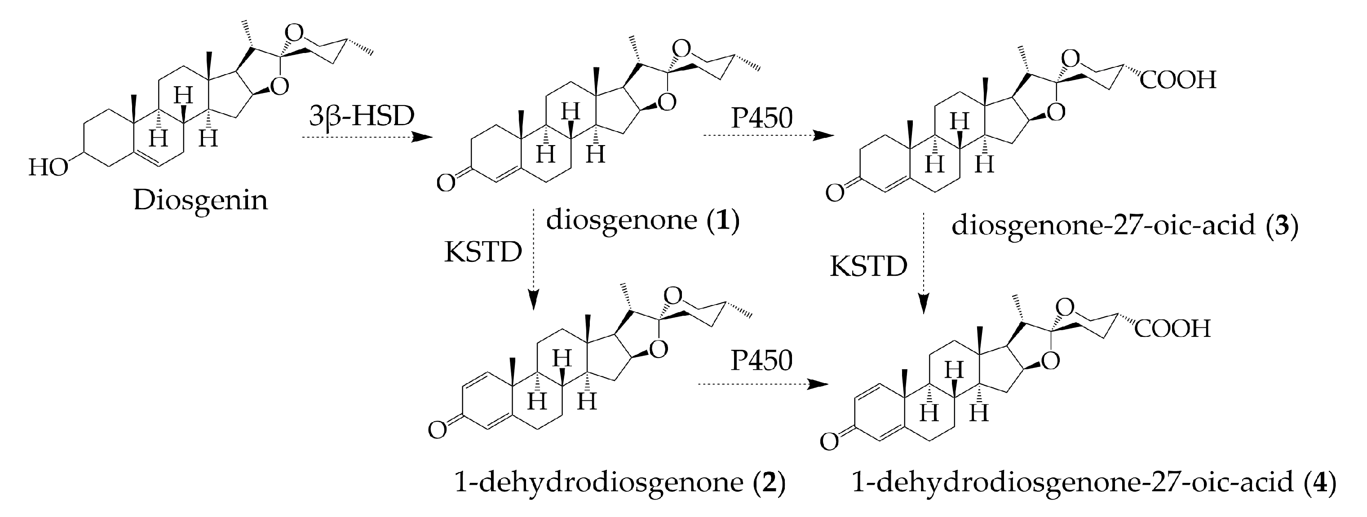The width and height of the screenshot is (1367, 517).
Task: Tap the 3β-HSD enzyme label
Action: click(x=361, y=116)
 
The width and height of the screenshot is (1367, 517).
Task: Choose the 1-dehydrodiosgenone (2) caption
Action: click(x=620, y=482)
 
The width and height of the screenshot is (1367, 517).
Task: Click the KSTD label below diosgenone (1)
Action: click(x=483, y=253)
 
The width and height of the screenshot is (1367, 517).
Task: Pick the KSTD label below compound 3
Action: click(x=869, y=266)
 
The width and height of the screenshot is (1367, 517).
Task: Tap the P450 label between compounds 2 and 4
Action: click(x=761, y=361)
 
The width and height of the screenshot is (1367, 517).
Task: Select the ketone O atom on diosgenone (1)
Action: click(x=445, y=183)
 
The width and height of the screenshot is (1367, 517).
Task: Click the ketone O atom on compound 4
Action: click(x=829, y=441)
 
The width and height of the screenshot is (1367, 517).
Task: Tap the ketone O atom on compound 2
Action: click(x=437, y=430)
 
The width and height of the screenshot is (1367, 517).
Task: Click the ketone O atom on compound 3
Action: click(x=835, y=193)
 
